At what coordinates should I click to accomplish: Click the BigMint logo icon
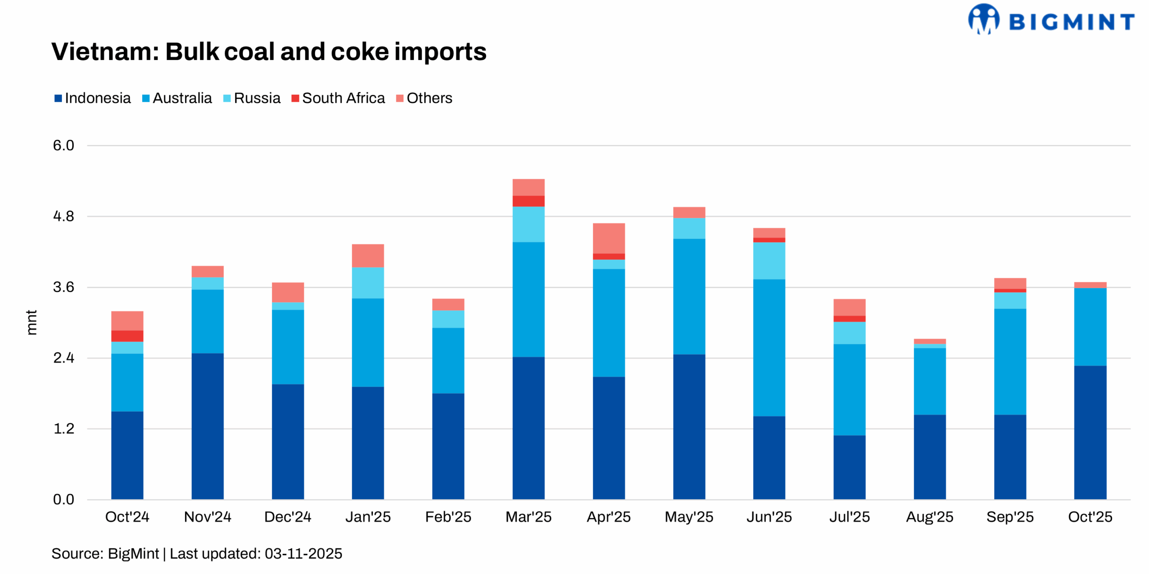983,19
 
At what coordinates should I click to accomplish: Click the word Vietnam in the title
105,52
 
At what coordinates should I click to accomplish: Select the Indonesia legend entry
93,98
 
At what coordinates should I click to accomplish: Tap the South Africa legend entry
338,98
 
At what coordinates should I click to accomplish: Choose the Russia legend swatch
227,98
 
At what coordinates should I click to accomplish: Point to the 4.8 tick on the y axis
63,216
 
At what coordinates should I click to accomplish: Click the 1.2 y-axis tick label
63,429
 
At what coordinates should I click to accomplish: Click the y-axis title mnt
31,322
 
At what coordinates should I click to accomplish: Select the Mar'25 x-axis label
528,517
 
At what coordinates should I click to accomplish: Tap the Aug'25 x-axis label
930,517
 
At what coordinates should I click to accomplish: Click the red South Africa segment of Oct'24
127,336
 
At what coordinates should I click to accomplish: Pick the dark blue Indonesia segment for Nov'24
207,426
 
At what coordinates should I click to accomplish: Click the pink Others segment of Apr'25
609,238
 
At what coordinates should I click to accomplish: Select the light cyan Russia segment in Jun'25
769,261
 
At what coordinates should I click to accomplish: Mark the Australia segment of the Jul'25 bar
849,389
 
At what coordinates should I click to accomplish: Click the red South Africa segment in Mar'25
528,201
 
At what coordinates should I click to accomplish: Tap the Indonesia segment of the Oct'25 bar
1090,432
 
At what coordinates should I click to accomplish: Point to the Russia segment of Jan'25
368,283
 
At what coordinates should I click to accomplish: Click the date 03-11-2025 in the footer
303,553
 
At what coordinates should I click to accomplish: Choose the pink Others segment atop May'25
689,212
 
